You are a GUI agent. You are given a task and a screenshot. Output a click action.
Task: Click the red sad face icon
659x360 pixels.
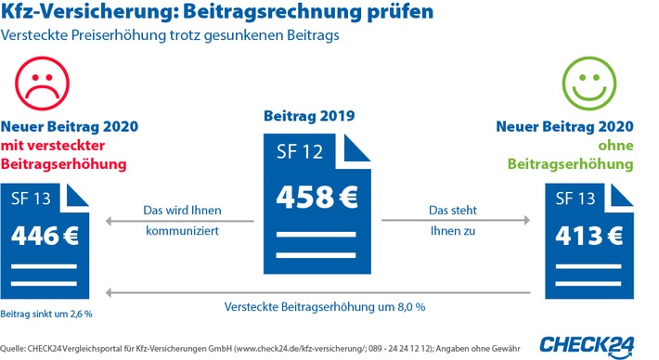pos(42,84)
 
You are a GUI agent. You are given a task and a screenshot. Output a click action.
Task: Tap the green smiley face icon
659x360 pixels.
pos(589,84)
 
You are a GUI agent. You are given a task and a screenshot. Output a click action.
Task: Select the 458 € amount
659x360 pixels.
pos(317,197)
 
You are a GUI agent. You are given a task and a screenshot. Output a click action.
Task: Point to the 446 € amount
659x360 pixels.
pos(45,236)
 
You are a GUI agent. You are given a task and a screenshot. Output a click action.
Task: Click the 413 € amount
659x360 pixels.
pos(588,236)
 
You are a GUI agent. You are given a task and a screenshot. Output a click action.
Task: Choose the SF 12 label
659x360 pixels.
pos(300,151)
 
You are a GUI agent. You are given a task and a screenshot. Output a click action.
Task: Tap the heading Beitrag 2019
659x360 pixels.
pos(309,116)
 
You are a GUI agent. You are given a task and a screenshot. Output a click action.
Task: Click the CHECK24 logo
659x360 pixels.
pos(588,347)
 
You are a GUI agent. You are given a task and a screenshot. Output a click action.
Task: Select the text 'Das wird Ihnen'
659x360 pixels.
pos(182,210)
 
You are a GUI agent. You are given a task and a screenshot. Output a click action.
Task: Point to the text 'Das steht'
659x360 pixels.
pos(453,210)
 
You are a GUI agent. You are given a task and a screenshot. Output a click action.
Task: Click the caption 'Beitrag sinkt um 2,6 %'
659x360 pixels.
pos(46,314)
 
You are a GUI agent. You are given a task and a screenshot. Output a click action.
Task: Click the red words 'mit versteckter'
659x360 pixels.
pos(53,146)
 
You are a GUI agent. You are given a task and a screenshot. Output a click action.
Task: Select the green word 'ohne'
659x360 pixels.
pos(615,146)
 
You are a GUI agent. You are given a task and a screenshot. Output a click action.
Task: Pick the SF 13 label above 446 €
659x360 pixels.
pos(31,199)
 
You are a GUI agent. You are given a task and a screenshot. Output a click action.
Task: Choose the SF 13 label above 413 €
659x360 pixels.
pos(575,199)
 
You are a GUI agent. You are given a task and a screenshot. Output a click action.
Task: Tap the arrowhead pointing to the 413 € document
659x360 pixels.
pos(527,220)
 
